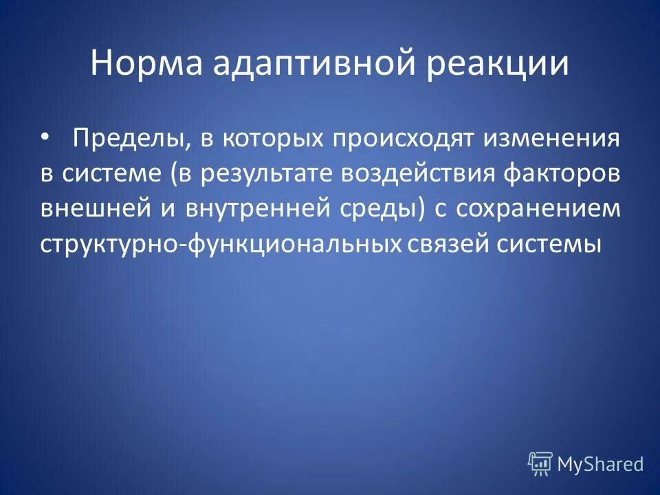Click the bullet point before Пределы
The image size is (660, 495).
(45, 137)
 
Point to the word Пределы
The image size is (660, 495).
(132, 140)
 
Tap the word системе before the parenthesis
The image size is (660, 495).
(111, 174)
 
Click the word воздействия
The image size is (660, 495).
(417, 174)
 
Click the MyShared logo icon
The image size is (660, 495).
(540, 464)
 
